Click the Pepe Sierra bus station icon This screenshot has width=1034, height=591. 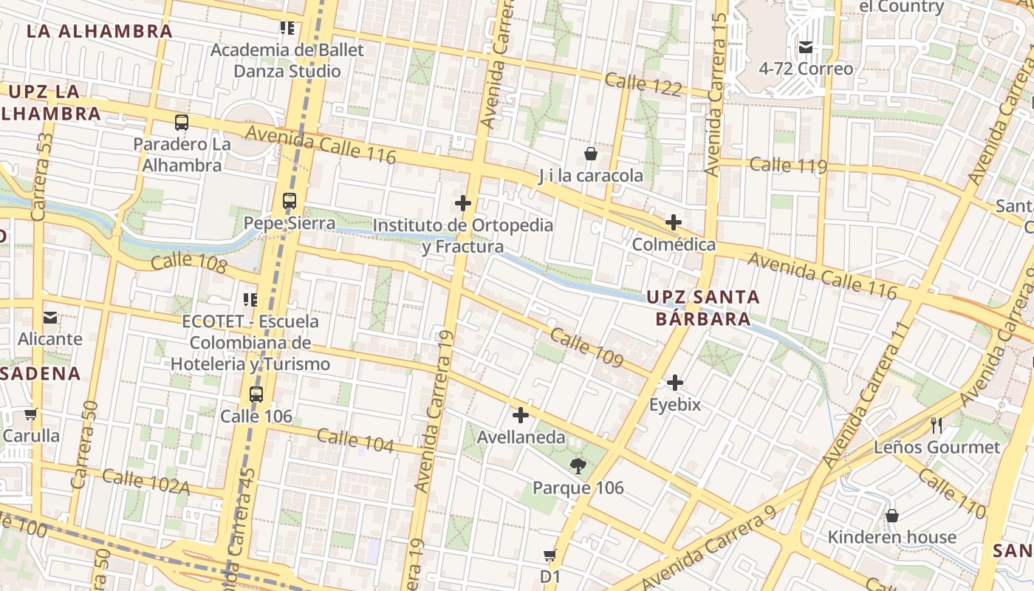tap(290, 201)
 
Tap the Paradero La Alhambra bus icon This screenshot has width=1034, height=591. tap(182, 123)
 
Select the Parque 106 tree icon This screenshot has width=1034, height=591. tap(578, 465)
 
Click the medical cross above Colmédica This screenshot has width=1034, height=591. tap(673, 222)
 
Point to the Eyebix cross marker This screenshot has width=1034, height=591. tap(674, 383)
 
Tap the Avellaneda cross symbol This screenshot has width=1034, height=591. tap(521, 415)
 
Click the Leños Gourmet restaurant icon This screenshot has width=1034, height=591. tap(937, 425)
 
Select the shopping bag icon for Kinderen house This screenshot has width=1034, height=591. tap(891, 515)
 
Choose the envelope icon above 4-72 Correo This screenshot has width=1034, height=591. tap(806, 47)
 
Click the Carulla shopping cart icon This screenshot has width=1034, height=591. tap(30, 414)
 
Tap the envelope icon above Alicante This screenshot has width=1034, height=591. tap(49, 318)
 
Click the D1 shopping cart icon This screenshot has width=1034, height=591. tap(549, 555)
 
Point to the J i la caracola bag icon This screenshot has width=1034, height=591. tap(591, 154)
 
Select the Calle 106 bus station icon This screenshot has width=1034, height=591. tap(256, 394)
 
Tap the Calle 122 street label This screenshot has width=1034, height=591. tap(643, 83)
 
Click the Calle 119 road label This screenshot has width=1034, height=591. tap(787, 165)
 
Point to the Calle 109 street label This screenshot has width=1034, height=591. tap(586, 346)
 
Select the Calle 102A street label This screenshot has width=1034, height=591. tap(145, 482)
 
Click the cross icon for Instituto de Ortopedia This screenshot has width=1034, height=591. tap(463, 203)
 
